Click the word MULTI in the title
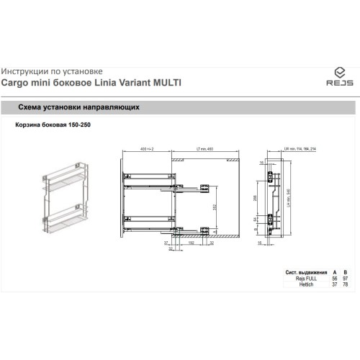(x=165, y=83)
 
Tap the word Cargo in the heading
(x=15, y=83)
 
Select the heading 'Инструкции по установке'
(x=52, y=71)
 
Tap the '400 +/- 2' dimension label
(x=147, y=149)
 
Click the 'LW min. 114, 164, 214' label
(x=300, y=149)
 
